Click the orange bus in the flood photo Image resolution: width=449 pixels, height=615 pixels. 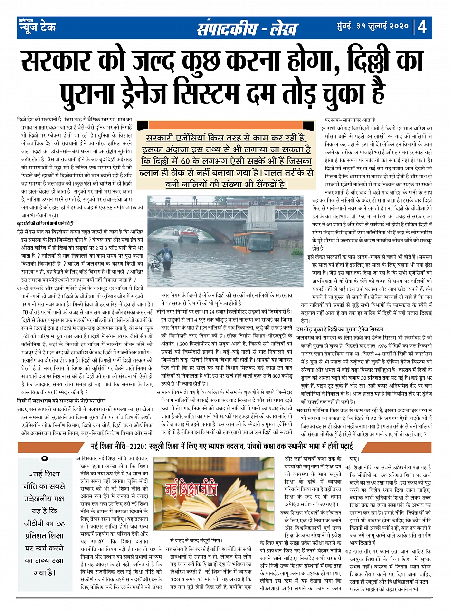pos(254,242)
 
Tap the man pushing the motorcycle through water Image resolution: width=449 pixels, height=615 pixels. pos(164,257)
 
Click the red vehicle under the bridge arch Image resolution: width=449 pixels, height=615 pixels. pos(194,233)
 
